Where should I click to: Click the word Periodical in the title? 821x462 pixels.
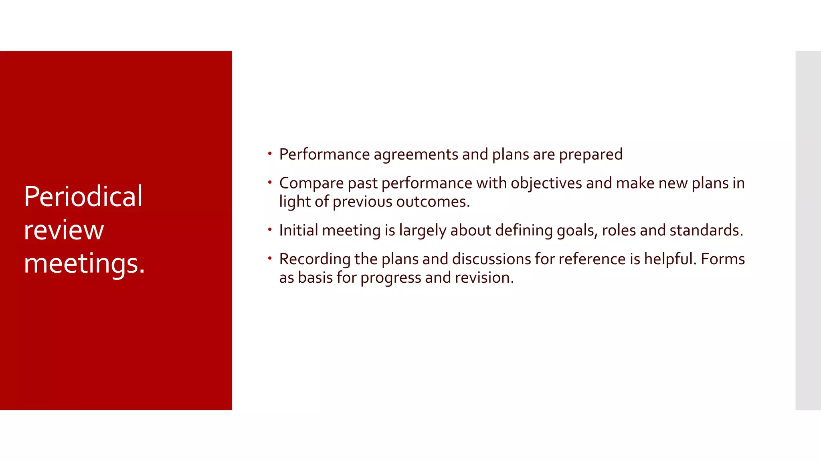point(83,197)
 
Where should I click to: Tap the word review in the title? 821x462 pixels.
point(64,231)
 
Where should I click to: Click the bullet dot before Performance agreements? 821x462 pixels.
point(270,153)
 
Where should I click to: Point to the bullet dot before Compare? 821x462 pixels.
point(270,182)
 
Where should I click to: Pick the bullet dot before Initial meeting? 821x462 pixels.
point(270,229)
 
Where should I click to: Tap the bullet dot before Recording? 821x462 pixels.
point(270,258)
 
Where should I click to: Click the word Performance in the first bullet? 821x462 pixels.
point(324,154)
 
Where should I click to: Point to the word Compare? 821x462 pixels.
point(311,184)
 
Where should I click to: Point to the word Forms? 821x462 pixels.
point(723,259)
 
